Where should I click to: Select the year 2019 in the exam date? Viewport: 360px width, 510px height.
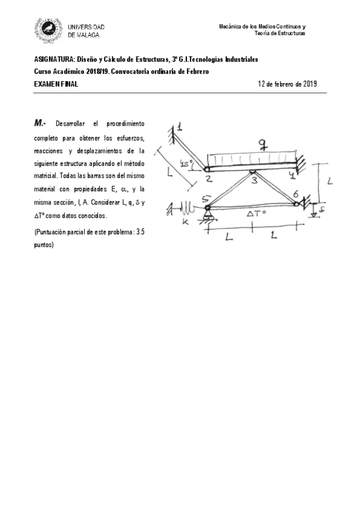308,84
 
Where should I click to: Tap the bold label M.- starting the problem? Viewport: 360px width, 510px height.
40,123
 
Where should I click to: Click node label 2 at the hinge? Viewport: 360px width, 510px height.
207,177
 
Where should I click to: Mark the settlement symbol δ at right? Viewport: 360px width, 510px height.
323,210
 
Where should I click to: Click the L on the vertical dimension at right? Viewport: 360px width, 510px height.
330,180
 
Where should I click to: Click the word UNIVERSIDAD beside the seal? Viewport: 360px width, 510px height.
87,28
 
